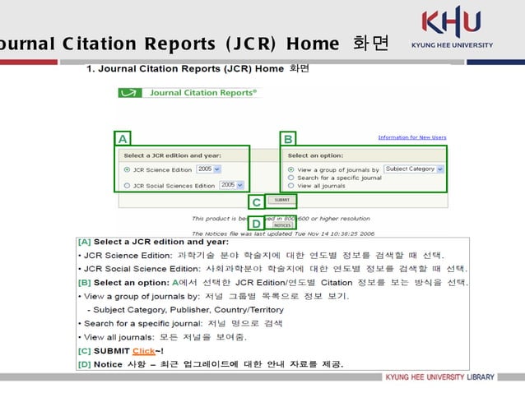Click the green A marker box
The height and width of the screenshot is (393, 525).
tap(123, 138)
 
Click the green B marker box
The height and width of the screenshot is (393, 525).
tap(289, 138)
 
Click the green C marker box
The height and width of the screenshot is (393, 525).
tap(257, 201)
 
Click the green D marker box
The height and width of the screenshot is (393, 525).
tap(257, 223)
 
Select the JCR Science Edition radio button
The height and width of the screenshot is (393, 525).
tap(127, 170)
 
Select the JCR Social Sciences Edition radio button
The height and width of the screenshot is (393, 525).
tap(127, 186)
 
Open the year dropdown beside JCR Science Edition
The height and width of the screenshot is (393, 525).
tap(209, 169)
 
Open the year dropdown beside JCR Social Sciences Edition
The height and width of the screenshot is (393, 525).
tap(232, 185)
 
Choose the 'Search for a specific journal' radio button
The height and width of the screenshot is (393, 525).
tap(291, 178)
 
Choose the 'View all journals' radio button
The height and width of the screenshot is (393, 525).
tap(291, 186)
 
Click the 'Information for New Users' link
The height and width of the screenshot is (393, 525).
tap(411, 137)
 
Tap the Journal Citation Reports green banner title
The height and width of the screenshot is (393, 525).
tap(189, 93)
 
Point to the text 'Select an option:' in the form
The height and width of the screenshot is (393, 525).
tap(315, 155)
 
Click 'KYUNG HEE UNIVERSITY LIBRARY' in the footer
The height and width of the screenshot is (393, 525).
tap(440, 377)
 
